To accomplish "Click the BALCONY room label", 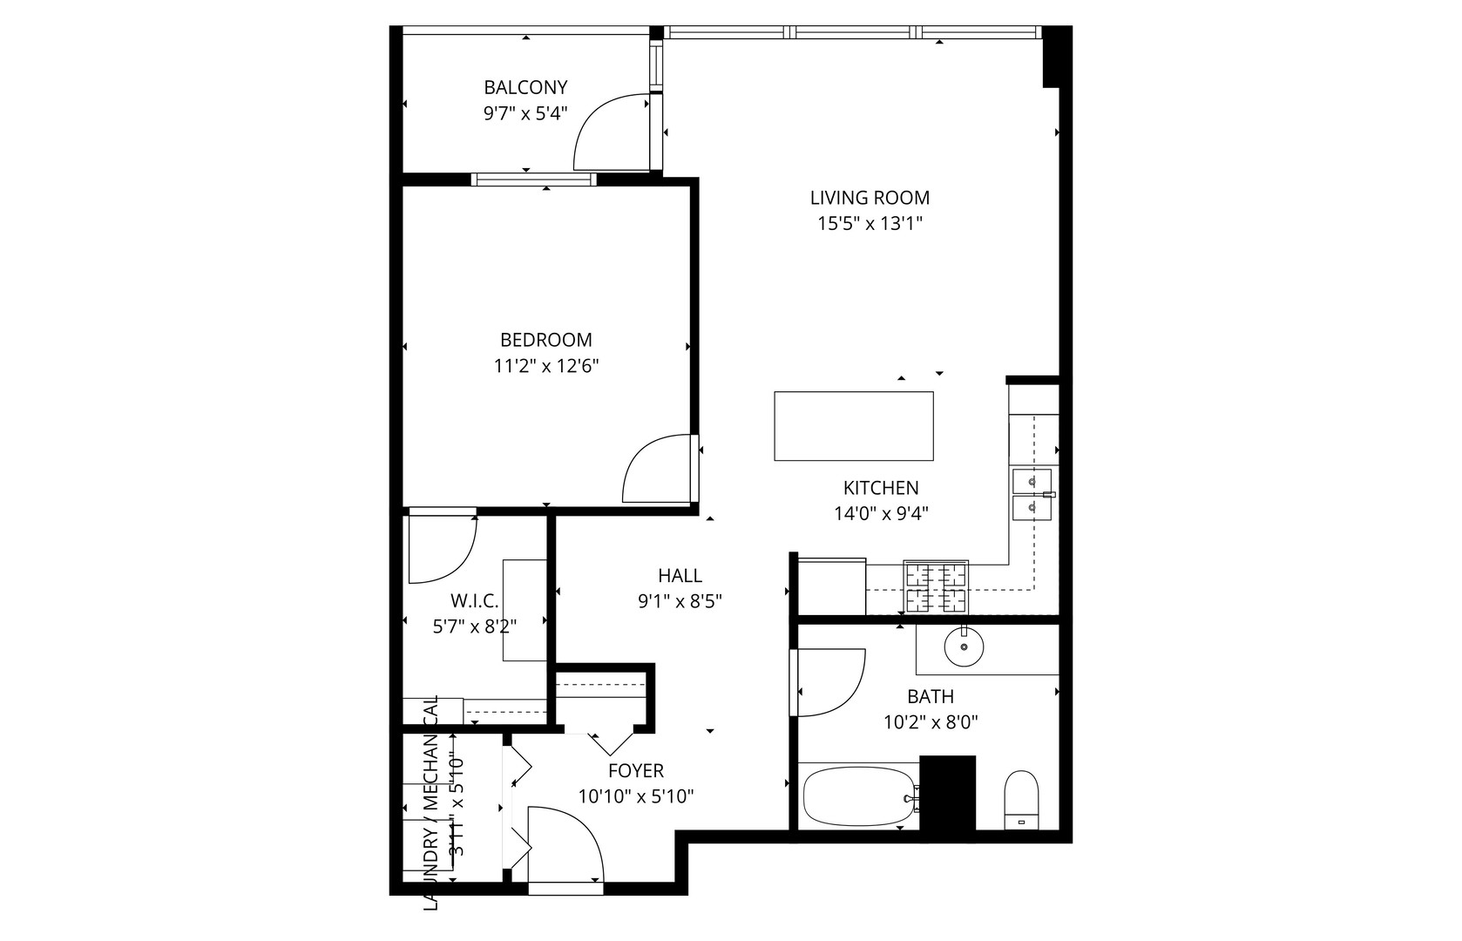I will click(x=525, y=87).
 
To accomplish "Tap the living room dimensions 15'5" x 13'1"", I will click(x=870, y=224).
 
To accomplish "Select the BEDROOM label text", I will click(x=545, y=340).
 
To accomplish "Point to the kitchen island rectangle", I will click(x=854, y=426).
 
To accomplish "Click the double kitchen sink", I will click(x=1032, y=493).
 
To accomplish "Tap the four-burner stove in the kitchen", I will click(x=936, y=586).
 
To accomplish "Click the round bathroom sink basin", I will click(x=965, y=646).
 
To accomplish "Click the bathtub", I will click(x=858, y=796).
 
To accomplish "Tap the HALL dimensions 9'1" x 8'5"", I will click(x=680, y=600).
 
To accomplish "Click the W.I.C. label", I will click(x=474, y=600).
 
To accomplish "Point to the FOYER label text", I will click(x=635, y=771).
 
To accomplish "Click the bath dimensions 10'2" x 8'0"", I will click(x=930, y=722).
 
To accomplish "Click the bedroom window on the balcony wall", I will click(x=533, y=179).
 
